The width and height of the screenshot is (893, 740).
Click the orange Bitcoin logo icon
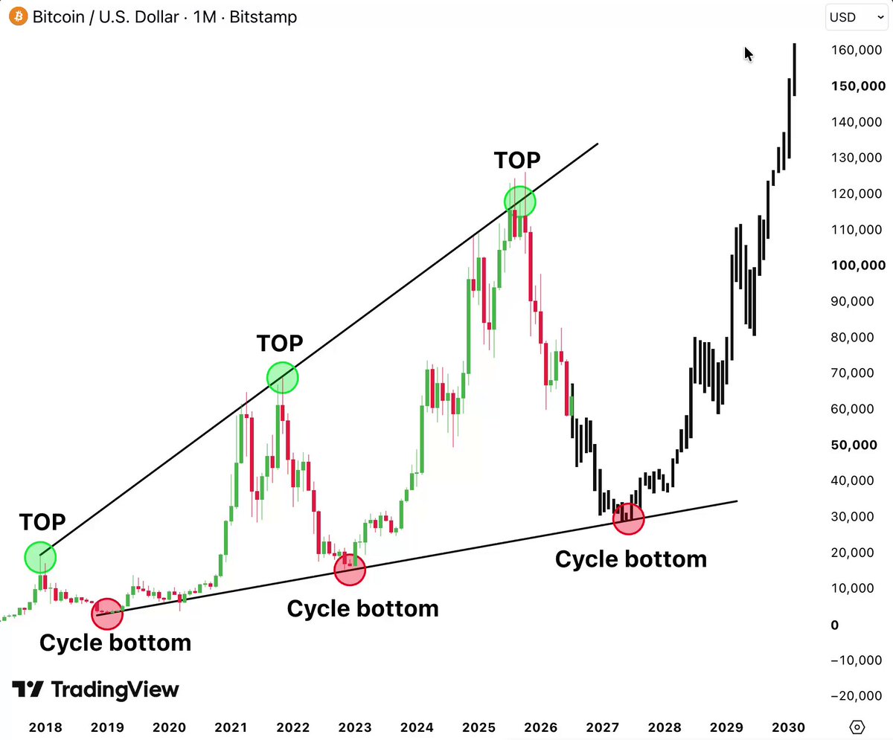point(19,16)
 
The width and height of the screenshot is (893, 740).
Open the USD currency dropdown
point(857,17)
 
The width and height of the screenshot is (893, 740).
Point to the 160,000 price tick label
point(857,50)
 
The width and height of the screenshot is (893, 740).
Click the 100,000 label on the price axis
point(858,265)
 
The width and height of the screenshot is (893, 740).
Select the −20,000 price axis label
point(857,695)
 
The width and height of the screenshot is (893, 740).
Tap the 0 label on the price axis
point(835,625)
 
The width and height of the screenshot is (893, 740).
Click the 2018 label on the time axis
point(45,727)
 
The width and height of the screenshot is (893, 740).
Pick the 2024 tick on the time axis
point(417,727)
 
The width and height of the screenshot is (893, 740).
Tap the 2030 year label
point(788,727)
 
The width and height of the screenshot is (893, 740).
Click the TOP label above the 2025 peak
point(517,161)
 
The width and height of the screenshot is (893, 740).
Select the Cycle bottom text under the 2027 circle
point(631,559)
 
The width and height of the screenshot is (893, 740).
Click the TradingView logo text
point(115,689)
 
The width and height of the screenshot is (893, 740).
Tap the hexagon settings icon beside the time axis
point(857,727)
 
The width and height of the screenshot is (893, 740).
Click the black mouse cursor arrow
point(749,54)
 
